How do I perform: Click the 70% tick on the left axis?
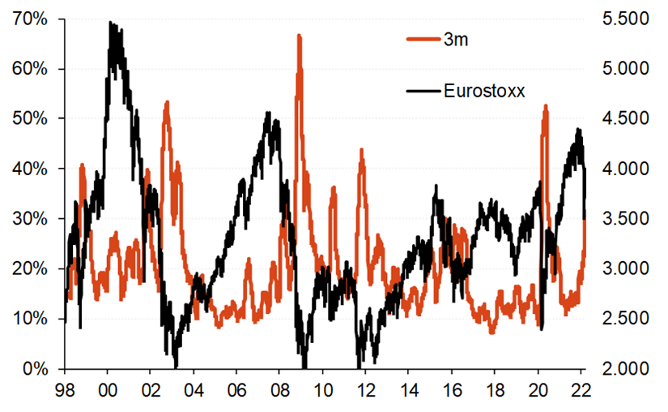tap(29, 19)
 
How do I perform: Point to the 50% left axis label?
tap(29, 118)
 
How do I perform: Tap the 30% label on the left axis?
tap(29, 219)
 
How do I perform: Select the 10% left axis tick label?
tap(29, 319)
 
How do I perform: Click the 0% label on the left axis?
tap(34, 369)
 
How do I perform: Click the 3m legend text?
tap(458, 39)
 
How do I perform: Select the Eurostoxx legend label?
tap(484, 91)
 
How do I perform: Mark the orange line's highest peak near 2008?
tap(299, 36)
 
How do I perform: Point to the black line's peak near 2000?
tap(111, 23)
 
